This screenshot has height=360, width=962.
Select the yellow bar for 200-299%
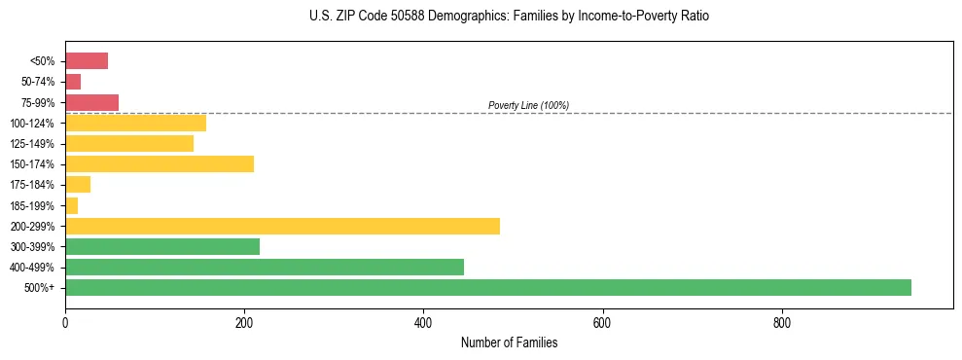282,226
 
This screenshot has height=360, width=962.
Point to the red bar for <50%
87,60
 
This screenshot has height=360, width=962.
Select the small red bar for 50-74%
73,82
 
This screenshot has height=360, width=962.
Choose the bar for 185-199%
71,205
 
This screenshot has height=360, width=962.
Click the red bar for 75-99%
91,102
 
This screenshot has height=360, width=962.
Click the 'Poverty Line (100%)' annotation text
528,105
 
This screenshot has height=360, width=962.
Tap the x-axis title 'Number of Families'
509,342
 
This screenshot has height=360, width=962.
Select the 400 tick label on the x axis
423,321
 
